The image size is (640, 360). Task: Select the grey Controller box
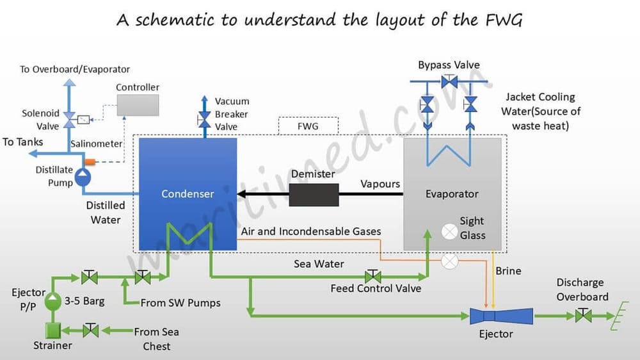coord(138,105)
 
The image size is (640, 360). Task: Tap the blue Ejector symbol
coord(501,316)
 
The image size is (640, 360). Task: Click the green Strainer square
coord(52,331)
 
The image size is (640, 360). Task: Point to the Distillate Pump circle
coord(83,177)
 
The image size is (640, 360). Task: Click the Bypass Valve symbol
coord(449,81)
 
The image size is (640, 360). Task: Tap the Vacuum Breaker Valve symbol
coord(204,119)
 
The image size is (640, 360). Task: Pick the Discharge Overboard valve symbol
coord(583,316)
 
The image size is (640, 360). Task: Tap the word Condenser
coord(188,193)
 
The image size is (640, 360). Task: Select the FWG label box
coord(308,126)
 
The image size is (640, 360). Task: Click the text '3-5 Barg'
coord(84,300)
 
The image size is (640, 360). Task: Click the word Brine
coord(508,271)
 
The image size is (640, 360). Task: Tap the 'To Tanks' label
coord(23,142)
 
